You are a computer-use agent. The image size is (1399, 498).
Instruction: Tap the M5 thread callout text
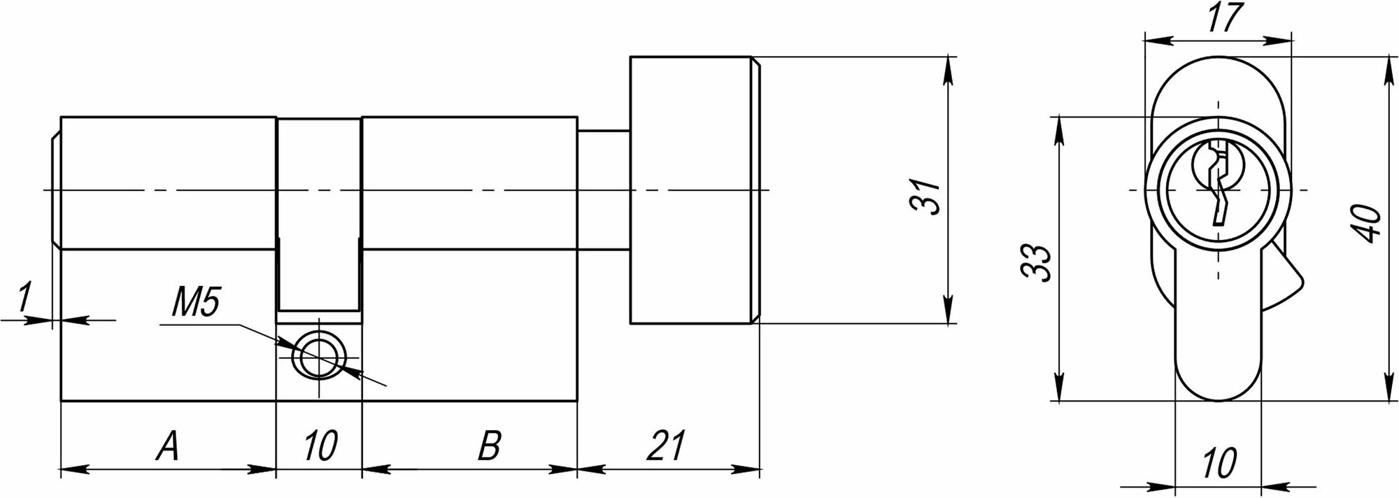195,305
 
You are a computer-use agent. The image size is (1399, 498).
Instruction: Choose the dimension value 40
1369,222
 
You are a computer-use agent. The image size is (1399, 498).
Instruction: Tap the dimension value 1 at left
24,297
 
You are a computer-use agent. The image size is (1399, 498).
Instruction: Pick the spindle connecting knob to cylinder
604,190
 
